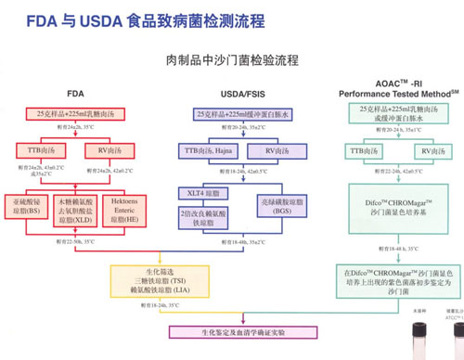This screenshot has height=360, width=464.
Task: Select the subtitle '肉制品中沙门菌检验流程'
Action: [x=232, y=60]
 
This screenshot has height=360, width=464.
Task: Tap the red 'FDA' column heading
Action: [x=77, y=94]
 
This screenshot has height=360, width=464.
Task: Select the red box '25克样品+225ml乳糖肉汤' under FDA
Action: [x=77, y=112]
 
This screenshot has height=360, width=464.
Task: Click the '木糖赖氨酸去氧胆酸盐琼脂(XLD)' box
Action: [x=77, y=205]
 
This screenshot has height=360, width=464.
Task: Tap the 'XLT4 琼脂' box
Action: [x=202, y=190]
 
